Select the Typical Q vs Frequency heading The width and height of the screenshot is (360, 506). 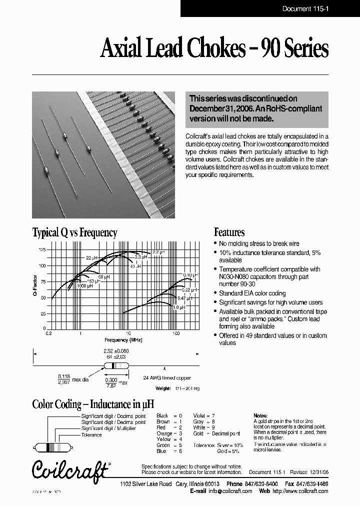pos(74,232)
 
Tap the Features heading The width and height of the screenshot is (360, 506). pos(229,232)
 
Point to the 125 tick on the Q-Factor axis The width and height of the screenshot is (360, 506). pos(42,249)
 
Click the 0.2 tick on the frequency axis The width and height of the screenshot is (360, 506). pos(48,332)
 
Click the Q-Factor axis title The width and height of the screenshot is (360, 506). pos(35,288)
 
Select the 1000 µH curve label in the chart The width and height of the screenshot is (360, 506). pos(83,286)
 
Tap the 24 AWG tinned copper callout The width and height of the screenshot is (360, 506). pos(167,378)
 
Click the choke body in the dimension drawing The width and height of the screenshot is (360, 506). pos(116,365)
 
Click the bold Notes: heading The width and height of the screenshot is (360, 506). pos(261,415)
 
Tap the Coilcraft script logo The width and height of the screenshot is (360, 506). pos(69,468)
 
